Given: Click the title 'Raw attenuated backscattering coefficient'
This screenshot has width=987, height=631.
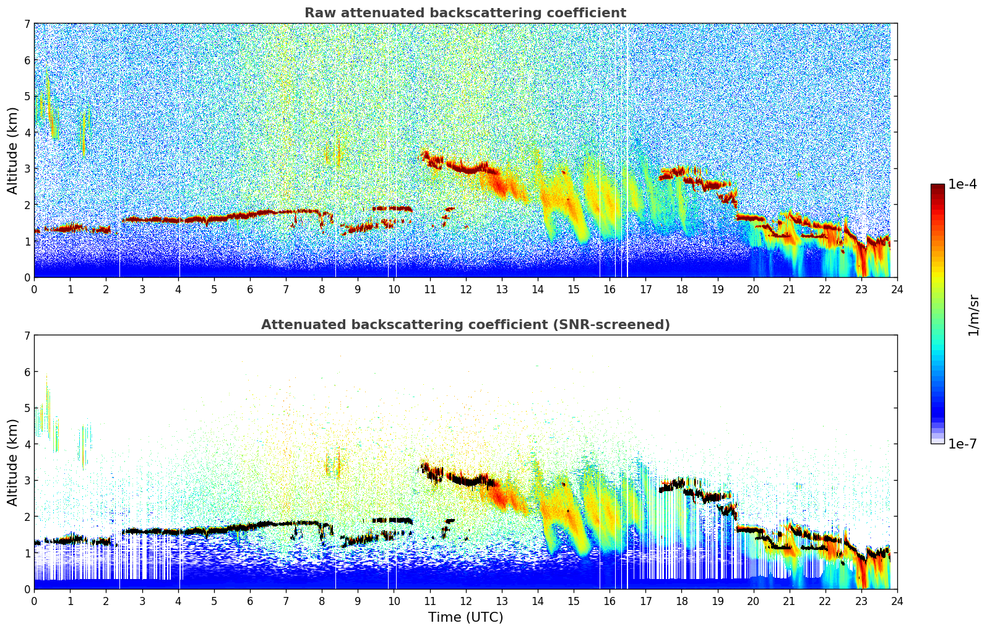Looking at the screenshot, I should tap(465, 13).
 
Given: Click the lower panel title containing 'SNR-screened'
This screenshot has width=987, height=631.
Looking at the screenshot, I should tap(465, 325).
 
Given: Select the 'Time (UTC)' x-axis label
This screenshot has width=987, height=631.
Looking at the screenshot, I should tap(465, 617).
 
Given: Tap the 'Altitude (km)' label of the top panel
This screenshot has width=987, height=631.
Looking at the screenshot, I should tap(13, 150).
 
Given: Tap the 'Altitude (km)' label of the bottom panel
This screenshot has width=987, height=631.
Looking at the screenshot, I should tap(13, 462).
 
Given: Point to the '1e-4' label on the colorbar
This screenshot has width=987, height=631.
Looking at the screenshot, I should tap(962, 184).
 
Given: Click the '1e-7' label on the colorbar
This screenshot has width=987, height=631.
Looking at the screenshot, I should tap(962, 444).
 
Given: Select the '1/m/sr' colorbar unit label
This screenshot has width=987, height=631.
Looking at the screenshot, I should tap(973, 314).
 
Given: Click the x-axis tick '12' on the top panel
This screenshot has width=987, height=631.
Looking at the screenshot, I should tap(465, 289).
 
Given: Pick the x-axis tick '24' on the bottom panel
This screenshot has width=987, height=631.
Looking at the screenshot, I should tap(897, 601).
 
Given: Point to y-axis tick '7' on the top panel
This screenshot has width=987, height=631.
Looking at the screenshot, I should tap(27, 24).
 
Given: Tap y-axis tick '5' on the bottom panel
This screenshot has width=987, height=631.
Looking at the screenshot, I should tap(27, 408).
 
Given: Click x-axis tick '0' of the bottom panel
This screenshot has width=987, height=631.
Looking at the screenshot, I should tap(34, 601).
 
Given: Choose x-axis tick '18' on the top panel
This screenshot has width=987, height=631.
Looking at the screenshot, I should tap(681, 289).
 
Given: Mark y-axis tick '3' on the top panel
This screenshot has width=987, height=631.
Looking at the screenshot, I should tap(27, 169).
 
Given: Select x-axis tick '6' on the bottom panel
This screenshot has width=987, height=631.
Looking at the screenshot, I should tap(250, 601).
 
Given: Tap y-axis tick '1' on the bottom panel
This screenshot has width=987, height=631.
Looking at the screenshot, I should tap(27, 553).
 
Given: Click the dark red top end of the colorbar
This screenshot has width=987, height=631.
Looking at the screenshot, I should tap(937, 186).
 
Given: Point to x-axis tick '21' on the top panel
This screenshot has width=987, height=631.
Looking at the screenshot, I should tap(789, 289).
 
